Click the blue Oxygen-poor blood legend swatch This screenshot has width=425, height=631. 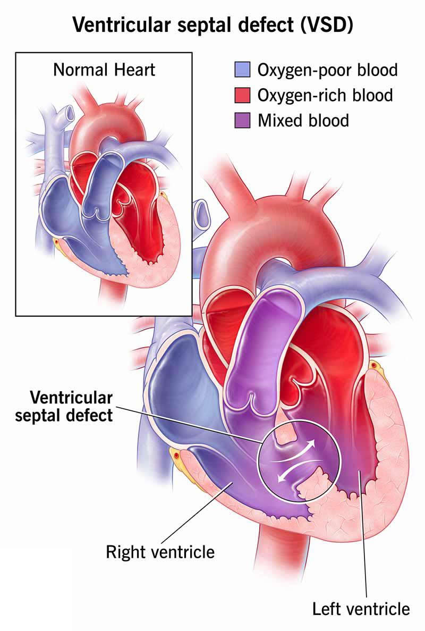(x=242, y=70)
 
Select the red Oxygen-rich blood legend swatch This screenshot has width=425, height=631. (x=242, y=95)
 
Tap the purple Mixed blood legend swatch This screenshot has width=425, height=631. (x=242, y=121)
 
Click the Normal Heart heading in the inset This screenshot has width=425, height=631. (x=104, y=70)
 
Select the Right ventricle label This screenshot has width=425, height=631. (x=160, y=552)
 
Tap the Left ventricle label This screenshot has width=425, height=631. (x=361, y=609)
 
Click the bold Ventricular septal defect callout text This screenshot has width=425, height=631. (x=64, y=407)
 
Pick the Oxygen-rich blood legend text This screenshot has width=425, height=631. (x=325, y=95)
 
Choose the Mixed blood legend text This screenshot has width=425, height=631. (x=303, y=121)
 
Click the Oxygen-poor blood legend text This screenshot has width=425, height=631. (x=328, y=70)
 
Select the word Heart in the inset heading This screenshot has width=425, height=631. (x=134, y=70)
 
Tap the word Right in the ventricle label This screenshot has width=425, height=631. (x=125, y=552)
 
